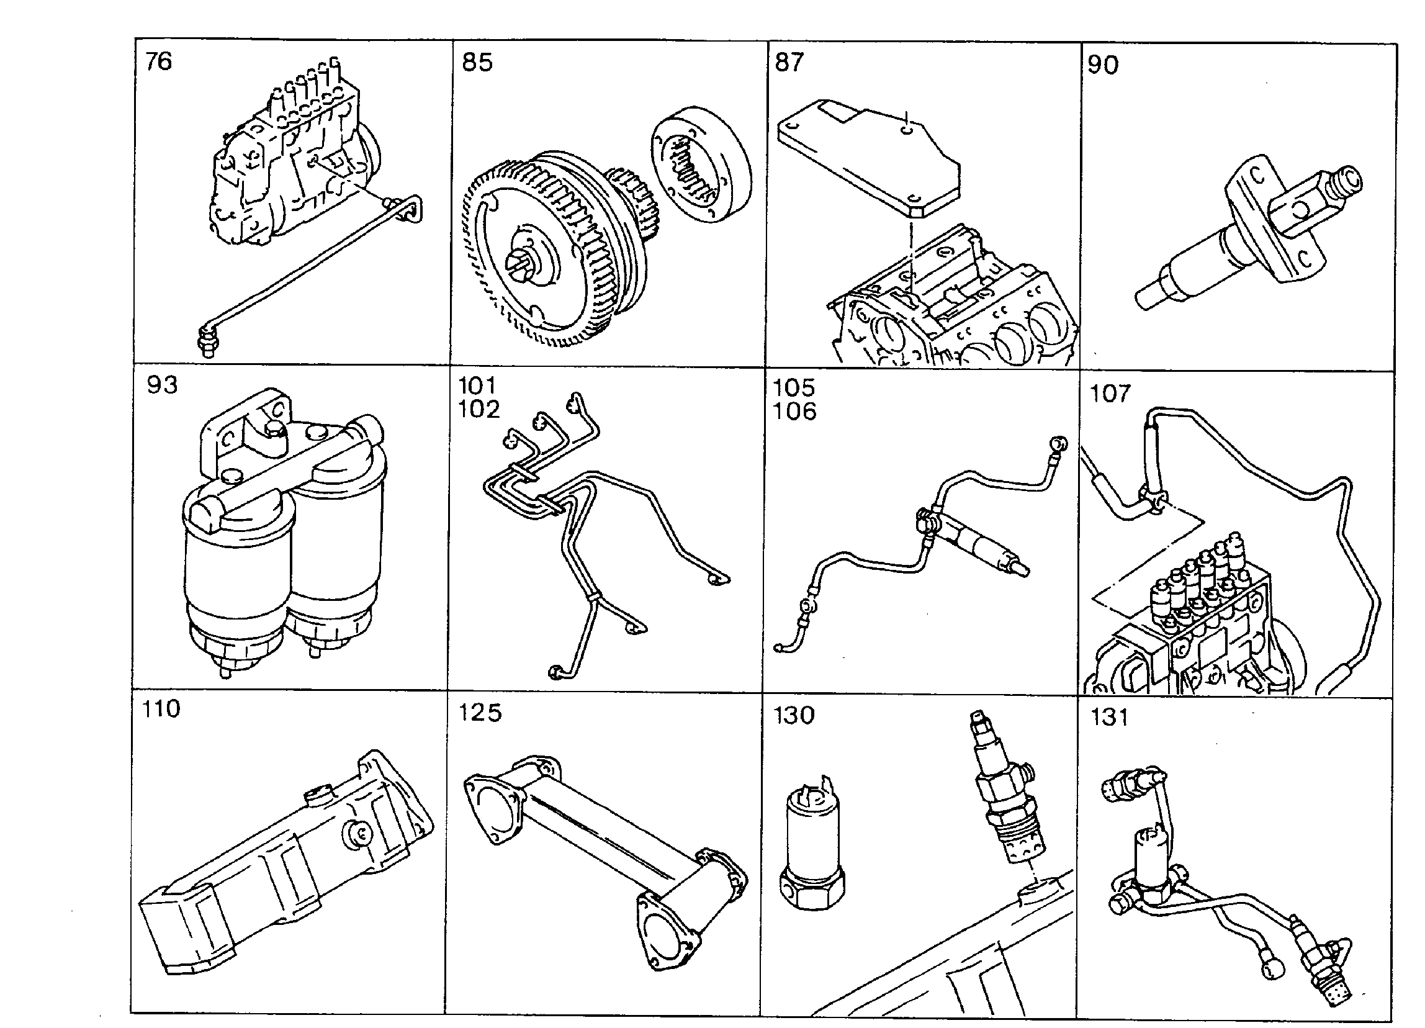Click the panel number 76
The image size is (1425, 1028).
pos(158,61)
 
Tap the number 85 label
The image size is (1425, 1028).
pos(477,62)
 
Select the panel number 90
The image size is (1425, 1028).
pos(1104,65)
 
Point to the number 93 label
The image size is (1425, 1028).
pos(163,384)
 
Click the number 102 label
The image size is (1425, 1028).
pos(479,409)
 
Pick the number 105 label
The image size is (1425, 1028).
pos(794,387)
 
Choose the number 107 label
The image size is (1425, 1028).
pos(1110,394)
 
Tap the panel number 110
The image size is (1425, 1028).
pos(161,709)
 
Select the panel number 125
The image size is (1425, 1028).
pos(480,713)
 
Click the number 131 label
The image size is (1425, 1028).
pos(1110,717)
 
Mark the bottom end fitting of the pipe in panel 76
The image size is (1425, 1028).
pos(205,341)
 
